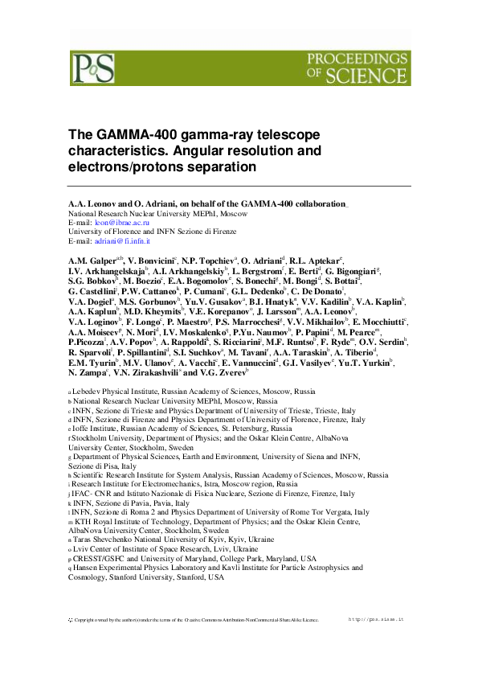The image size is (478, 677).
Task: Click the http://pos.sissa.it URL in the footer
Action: coord(377,620)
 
